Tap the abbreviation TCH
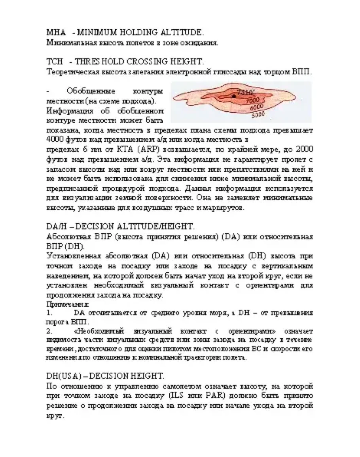click(x=55, y=62)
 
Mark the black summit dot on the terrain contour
click(x=234, y=96)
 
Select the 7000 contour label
click(x=252, y=101)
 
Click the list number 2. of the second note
click(x=49, y=330)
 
